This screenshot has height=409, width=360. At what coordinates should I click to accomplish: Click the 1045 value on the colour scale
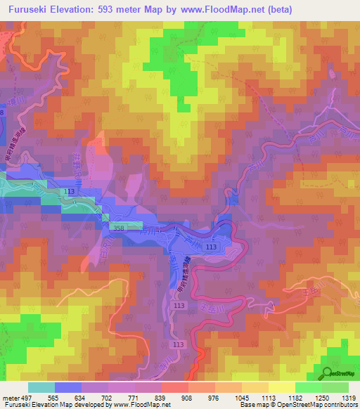pyautogui.click(x=241, y=397)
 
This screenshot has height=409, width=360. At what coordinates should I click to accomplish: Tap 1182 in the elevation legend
pyautogui.click(x=294, y=397)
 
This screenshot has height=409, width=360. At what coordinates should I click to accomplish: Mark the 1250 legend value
pyautogui.click(x=320, y=397)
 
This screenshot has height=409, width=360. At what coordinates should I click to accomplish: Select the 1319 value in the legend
pyautogui.click(x=346, y=397)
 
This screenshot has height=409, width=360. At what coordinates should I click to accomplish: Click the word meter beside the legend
pyautogui.click(x=11, y=397)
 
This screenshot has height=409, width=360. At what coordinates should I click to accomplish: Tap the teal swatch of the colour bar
pyautogui.click(x=41, y=387)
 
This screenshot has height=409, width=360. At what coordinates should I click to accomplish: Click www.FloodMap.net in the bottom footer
pyautogui.click(x=133, y=405)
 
